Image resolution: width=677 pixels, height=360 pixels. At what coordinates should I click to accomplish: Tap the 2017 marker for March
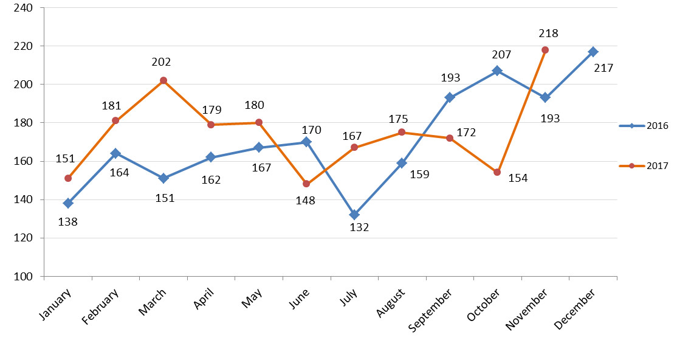[163, 80]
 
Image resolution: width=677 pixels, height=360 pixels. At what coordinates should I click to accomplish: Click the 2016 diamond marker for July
[354, 215]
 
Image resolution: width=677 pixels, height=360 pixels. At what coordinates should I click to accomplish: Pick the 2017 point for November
[545, 50]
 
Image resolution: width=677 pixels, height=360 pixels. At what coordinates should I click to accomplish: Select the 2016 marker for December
[593, 52]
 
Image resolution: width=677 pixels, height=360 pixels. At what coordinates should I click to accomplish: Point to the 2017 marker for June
[306, 184]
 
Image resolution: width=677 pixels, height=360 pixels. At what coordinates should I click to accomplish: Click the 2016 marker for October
[497, 71]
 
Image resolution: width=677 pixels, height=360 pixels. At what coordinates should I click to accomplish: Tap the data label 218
[548, 33]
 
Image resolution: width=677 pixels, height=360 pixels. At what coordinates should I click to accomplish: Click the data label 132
[359, 227]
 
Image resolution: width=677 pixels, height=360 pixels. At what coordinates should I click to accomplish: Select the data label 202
[161, 62]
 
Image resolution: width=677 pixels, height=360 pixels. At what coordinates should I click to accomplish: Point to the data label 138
[67, 222]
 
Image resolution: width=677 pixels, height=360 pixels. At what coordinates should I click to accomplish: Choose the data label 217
[603, 68]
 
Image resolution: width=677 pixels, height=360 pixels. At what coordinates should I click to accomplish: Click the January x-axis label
[55, 303]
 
